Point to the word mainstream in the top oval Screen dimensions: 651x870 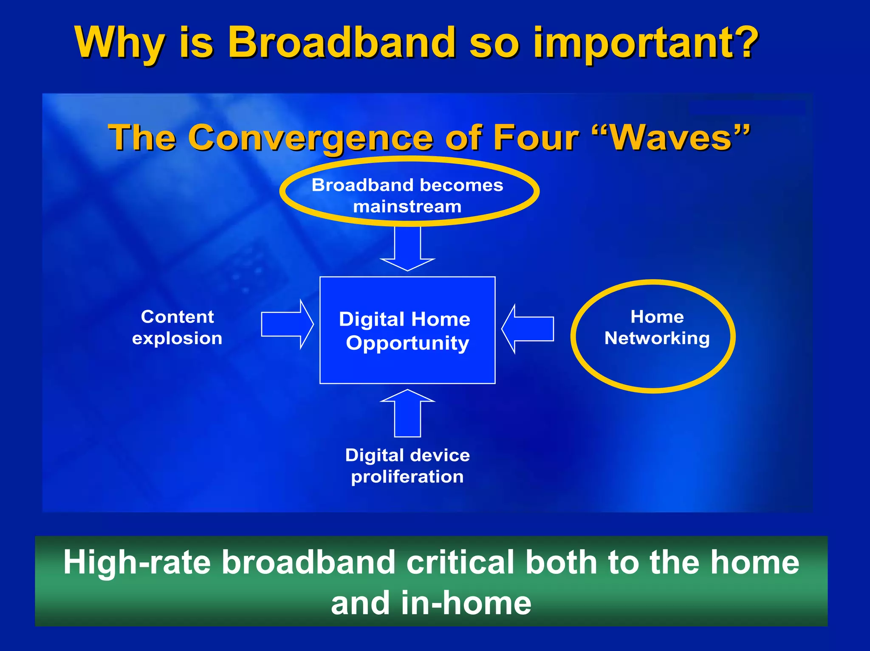[x=407, y=207]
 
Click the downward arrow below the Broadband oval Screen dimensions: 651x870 [x=407, y=248]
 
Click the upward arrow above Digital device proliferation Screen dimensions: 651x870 [x=407, y=413]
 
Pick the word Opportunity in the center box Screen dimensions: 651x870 [x=407, y=343]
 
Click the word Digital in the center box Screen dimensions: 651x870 [x=371, y=319]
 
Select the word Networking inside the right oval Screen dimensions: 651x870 [x=657, y=338]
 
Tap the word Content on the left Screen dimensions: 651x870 [x=177, y=317]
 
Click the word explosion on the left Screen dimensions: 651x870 [x=177, y=338]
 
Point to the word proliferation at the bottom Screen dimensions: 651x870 [x=407, y=477]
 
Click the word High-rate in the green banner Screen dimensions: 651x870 [x=137, y=562]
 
